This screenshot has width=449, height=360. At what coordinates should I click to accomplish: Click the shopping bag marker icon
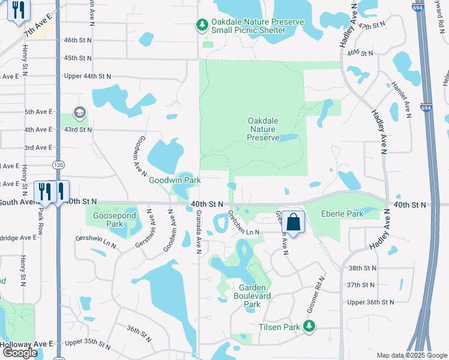pyautogui.click(x=294, y=223)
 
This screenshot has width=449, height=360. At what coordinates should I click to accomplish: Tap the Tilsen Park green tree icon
pyautogui.click(x=309, y=326)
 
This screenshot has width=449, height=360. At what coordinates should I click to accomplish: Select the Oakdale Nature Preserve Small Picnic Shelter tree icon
pyautogui.click(x=202, y=25)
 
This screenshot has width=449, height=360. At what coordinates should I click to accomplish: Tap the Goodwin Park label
pyautogui.click(x=175, y=179)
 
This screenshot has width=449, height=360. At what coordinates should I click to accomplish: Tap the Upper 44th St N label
pyautogui.click(x=88, y=77)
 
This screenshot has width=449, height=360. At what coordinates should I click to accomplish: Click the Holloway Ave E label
pyautogui.click(x=26, y=343)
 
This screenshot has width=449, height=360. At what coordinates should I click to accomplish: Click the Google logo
pyautogui.click(x=20, y=353)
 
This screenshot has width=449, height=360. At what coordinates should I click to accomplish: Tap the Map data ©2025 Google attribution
pyautogui.click(x=411, y=355)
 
